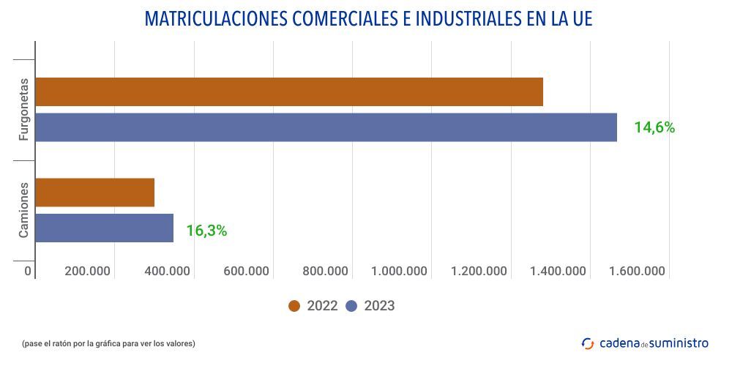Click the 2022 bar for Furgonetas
click(289, 91)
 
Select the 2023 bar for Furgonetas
click(326, 127)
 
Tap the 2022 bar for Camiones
click(94, 193)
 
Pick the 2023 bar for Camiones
click(104, 228)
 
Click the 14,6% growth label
click(654, 127)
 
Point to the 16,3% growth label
click(206, 231)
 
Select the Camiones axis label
click(23, 210)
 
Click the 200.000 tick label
click(87, 272)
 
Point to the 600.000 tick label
click(246, 272)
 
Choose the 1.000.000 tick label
click(399, 272)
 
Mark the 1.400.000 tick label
click(558, 272)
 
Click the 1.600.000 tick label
click(636, 272)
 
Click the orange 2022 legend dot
click(294, 306)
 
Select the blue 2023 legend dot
click(351, 306)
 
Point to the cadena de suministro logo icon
click(588, 343)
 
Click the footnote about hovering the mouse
click(109, 343)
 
